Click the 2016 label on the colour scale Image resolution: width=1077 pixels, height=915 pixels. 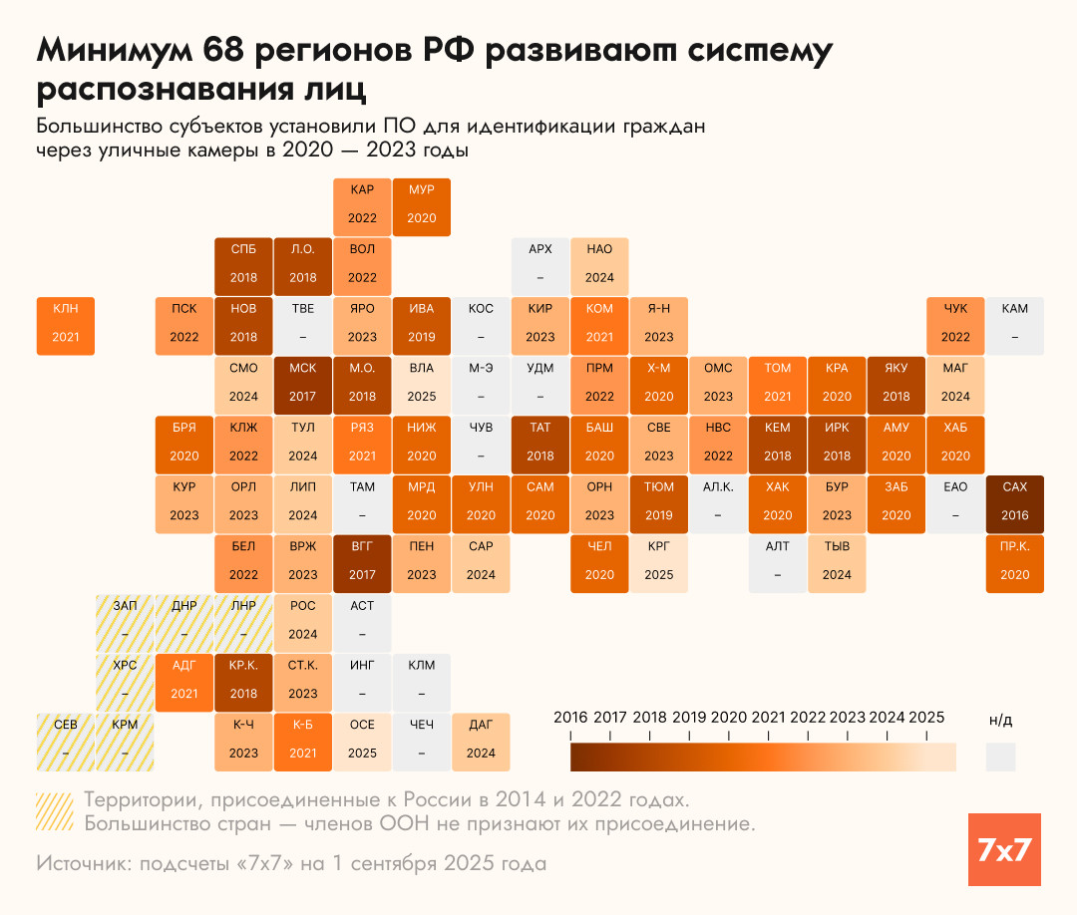pos(570,718)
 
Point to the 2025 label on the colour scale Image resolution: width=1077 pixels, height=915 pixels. pos(926,718)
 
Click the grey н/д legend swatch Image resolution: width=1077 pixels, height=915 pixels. pos(1000,757)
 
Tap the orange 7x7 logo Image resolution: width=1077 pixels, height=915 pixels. pos(1004,850)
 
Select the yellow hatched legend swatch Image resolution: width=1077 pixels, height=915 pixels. pos(53,811)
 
